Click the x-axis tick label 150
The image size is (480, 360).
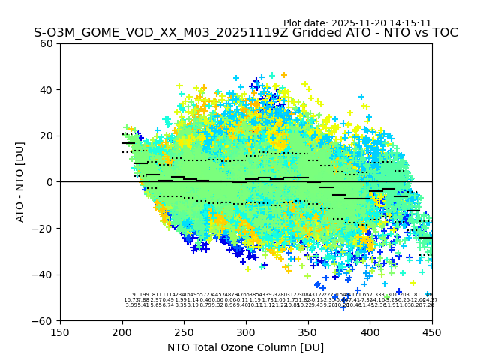point(60,331)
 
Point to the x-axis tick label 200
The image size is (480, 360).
point(122,331)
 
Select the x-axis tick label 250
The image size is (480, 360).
point(184,331)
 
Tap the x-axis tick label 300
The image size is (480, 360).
point(246,331)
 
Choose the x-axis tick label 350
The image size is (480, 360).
point(308,331)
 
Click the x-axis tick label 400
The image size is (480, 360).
point(370,331)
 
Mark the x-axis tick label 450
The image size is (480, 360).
point(432,331)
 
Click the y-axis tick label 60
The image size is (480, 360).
point(46,43)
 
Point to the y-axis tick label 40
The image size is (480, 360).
point(46,90)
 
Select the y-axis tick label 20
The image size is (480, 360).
point(46,136)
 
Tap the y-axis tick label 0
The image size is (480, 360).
point(49,182)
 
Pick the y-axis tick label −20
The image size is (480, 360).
point(43,228)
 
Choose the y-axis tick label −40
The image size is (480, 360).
point(43,274)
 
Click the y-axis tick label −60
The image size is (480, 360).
point(43,320)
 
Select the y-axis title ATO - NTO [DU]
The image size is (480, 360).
point(21,182)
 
